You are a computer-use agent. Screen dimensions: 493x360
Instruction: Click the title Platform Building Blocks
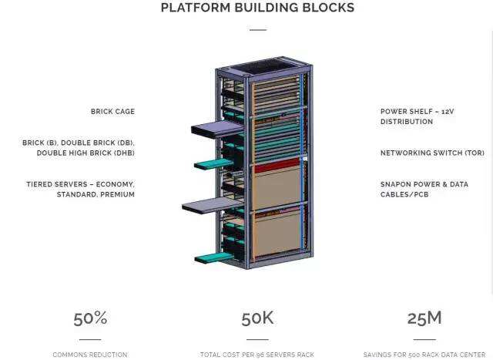coord(257,8)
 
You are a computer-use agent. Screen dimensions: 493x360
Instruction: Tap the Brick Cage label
coord(112,112)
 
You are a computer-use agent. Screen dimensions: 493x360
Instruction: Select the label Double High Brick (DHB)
coord(86,153)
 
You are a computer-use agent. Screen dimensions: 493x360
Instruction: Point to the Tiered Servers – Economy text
coord(80,184)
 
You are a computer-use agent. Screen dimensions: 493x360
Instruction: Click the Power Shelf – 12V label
coord(418,112)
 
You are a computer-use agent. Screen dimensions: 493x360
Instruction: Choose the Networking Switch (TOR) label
coord(432,153)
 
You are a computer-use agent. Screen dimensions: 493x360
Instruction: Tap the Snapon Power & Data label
coord(424,184)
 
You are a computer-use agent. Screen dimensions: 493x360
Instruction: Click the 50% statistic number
coord(90,318)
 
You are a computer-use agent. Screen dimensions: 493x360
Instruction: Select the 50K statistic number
coord(257,318)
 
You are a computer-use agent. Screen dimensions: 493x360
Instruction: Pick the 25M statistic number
coord(424,318)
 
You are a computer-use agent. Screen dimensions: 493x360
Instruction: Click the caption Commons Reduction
coord(90,355)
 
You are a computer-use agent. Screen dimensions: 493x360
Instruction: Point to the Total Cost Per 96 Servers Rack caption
coord(257,355)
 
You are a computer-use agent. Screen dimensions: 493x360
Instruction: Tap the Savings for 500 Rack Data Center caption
coord(424,355)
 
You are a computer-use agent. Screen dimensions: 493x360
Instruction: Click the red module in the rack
coord(277,166)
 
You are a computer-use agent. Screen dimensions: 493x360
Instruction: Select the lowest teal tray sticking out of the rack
coord(214,258)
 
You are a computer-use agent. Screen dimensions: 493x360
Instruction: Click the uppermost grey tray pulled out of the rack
coord(217,128)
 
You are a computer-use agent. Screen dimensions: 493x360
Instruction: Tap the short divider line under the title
coord(258,30)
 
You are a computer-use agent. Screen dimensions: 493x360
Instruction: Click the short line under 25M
coord(424,339)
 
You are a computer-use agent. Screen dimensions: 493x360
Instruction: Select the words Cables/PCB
coord(404,194)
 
